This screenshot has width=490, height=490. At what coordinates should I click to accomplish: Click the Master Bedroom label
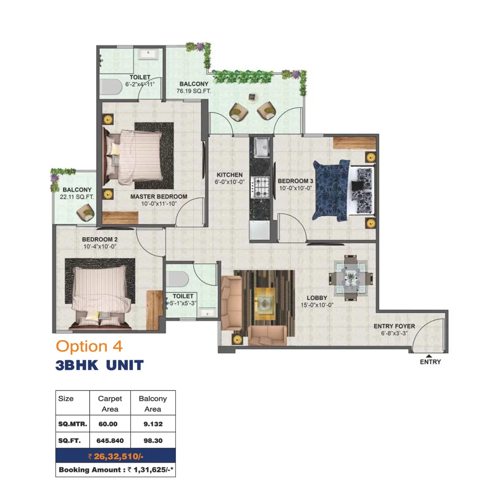(x=159, y=196)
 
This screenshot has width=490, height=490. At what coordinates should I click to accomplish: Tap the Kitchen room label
(x=230, y=175)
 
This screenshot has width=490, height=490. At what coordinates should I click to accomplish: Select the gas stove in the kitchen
(x=261, y=187)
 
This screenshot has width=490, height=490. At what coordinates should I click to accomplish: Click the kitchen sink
(x=262, y=147)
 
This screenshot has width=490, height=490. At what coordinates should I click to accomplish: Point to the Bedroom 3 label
(x=295, y=181)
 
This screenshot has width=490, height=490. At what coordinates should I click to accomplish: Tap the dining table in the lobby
(x=351, y=277)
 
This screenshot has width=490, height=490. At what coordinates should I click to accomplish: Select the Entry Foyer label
(x=394, y=326)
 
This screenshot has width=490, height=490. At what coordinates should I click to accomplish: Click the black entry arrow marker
(x=429, y=356)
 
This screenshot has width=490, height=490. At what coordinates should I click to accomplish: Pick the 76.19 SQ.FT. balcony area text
(x=194, y=91)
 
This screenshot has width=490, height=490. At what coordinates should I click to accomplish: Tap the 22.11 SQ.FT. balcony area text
(x=77, y=197)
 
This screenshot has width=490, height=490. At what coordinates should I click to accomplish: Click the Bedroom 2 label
(x=99, y=240)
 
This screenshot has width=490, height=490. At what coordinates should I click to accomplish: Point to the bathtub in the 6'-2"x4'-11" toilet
(x=111, y=87)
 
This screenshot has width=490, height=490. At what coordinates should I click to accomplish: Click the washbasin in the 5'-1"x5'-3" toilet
(x=207, y=312)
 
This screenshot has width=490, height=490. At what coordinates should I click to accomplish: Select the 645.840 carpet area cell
(x=110, y=441)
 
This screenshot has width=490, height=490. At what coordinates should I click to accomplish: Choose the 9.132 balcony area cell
(x=153, y=424)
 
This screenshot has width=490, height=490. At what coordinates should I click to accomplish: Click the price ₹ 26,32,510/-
(x=116, y=456)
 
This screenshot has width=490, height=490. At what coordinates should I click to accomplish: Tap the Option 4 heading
(x=89, y=346)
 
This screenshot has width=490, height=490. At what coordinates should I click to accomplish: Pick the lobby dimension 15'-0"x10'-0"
(x=317, y=305)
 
